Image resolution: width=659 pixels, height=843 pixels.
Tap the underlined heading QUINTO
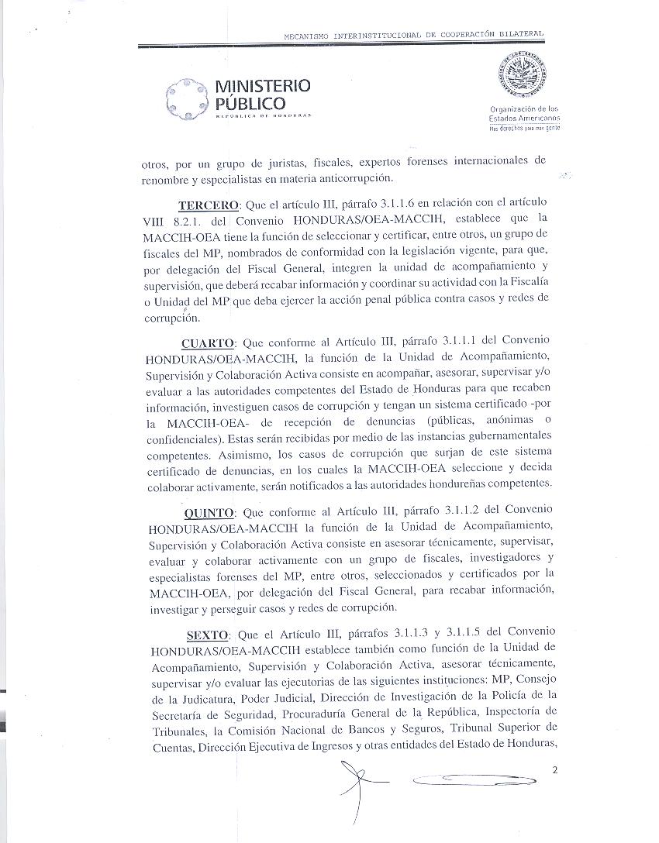209,513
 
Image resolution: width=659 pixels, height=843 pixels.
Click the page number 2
556,770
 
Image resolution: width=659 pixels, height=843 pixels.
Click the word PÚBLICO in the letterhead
250,103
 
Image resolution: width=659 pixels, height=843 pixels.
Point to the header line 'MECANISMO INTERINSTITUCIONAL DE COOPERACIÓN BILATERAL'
413,36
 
